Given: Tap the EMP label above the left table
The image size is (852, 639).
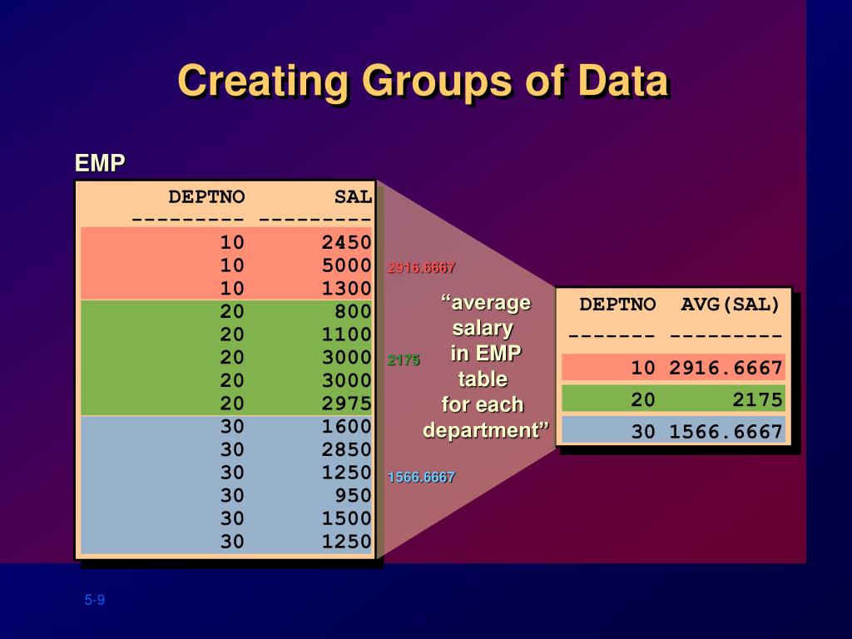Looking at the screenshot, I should coord(99,163).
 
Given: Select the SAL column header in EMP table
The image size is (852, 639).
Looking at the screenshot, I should coord(353,197).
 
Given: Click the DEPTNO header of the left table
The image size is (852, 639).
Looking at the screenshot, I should coord(207,197).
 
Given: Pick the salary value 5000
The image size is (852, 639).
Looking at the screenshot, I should coord(346,265).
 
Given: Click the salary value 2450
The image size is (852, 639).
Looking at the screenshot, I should coord(346,242).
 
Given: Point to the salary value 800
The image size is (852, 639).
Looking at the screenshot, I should coord(354,311).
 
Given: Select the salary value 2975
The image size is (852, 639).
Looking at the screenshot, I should coord(346,404).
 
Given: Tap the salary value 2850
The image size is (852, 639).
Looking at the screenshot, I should coord(346,449).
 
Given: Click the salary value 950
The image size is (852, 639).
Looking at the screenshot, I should coord(354,496).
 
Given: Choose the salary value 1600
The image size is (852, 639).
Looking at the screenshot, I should coord(346,427).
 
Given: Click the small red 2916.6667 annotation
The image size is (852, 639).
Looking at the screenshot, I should coord(421,268).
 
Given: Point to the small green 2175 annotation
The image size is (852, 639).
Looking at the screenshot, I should coord(404,360).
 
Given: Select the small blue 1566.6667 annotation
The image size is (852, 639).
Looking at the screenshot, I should coord(421,478).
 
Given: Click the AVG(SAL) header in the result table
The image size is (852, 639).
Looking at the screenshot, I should coord(731,305).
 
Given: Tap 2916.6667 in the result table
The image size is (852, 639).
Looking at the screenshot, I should coord(726,368).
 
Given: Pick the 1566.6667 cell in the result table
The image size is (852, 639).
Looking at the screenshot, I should coord(726,431).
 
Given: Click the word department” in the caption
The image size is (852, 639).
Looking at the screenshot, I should coord(486,431).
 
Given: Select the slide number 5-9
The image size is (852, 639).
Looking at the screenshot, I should coord(94,601).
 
